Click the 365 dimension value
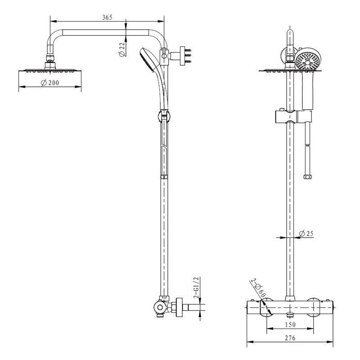[x=107, y=18]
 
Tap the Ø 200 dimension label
[x=50, y=83]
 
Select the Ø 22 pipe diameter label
[x=121, y=49]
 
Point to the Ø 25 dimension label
[x=306, y=234]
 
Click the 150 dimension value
[x=290, y=324]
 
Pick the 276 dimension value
[x=290, y=338]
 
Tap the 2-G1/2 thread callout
[x=197, y=288]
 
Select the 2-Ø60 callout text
[x=259, y=288]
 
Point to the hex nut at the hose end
[x=307, y=177]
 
